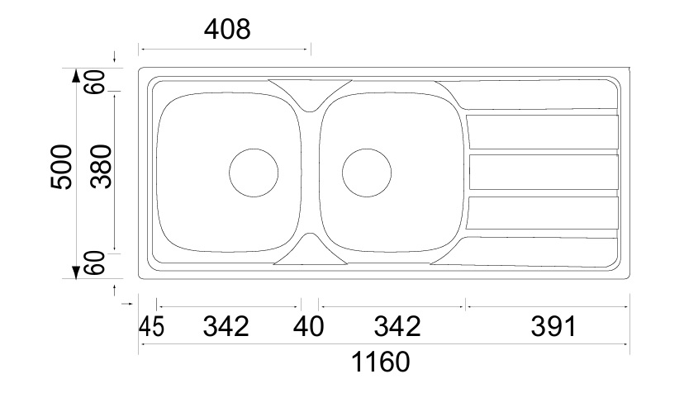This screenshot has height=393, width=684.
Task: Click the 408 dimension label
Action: [227, 30]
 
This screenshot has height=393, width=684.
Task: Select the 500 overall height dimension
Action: [60, 167]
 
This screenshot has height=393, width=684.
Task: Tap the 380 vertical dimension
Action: [102, 167]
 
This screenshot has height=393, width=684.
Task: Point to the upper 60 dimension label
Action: [96, 82]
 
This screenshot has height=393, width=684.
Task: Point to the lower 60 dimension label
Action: [96, 263]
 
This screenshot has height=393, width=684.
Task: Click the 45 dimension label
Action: [151, 326]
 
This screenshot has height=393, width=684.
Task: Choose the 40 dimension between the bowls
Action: [308, 326]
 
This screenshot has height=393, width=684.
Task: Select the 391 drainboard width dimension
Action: [553, 326]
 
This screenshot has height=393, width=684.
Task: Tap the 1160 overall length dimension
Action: [381, 362]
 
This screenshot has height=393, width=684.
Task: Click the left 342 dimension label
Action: [226, 326]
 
